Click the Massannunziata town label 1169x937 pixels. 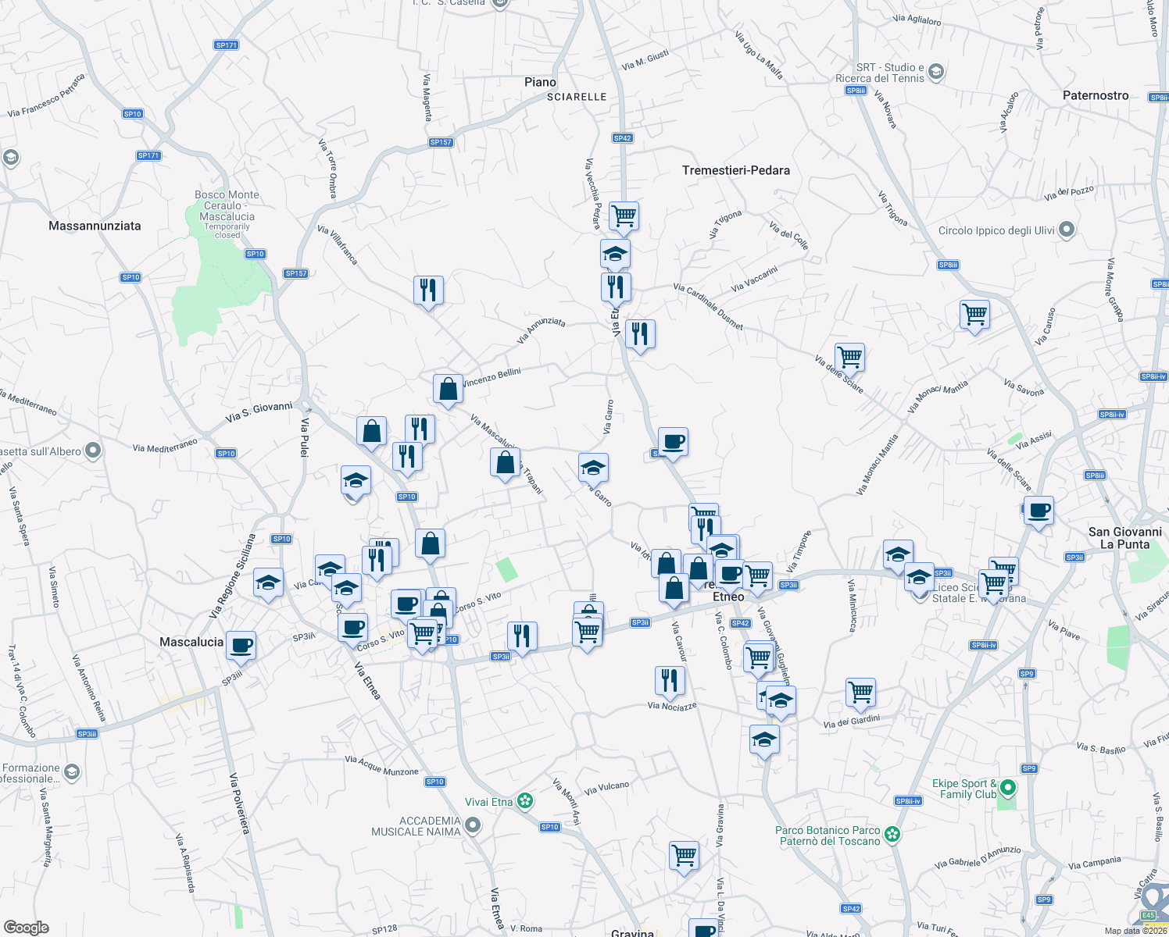click(95, 226)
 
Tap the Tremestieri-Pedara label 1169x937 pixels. click(735, 170)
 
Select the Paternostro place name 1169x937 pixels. click(1096, 95)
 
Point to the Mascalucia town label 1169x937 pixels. click(191, 642)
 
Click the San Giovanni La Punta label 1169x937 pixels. click(1124, 538)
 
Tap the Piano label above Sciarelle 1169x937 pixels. click(540, 82)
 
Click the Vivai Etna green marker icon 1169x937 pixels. click(526, 801)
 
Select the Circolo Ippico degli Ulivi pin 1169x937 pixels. click(1067, 230)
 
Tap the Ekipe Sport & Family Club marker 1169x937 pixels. click(1008, 788)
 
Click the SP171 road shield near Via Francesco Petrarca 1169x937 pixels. click(226, 45)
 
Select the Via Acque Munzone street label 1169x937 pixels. click(382, 765)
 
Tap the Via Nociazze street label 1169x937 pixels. click(672, 706)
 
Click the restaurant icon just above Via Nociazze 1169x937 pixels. click(670, 681)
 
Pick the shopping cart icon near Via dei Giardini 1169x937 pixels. click(860, 692)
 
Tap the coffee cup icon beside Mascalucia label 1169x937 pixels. click(242, 646)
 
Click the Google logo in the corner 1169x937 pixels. click(27, 927)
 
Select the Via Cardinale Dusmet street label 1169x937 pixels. click(708, 306)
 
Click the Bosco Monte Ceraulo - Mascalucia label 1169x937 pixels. click(227, 205)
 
